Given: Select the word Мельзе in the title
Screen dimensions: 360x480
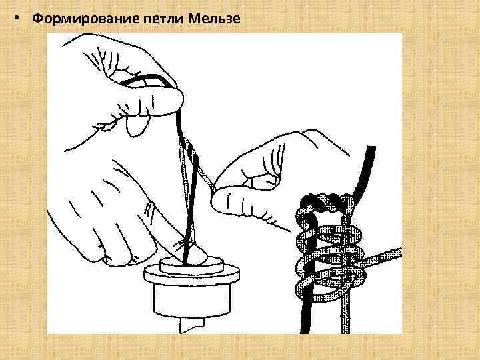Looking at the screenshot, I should [x=213, y=18].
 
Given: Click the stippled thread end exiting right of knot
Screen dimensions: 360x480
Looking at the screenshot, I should [x=387, y=255].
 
